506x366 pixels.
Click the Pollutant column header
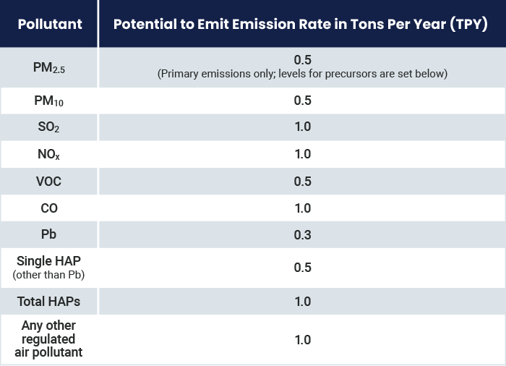pos(49,24)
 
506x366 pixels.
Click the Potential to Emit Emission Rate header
pos(301,24)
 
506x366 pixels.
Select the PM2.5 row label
pos(49,67)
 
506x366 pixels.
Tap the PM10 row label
pos(49,101)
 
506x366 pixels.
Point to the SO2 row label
pos(49,127)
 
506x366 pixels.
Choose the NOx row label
pos(49,154)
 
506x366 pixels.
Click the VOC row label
pos(49,181)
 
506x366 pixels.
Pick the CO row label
pos(49,208)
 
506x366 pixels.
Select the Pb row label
pos(49,235)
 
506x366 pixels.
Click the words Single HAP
pos(49,261)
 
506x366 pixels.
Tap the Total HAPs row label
pos(49,301)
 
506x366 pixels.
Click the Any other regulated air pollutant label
pos(49,339)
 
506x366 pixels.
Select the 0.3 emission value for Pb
pos(302,235)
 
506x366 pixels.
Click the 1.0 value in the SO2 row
pos(302,127)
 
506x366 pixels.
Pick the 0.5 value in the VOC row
pos(302,181)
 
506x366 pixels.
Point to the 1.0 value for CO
pos(302,208)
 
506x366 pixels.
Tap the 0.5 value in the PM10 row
pos(302,101)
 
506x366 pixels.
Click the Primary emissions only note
pos(302,74)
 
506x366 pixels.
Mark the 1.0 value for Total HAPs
pos(302,301)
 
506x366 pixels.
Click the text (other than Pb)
pos(49,275)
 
